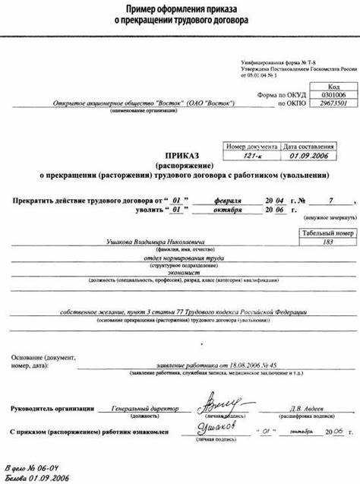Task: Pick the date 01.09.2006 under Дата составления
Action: point(308,155)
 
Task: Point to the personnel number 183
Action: point(328,242)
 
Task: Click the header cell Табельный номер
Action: point(328,233)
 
